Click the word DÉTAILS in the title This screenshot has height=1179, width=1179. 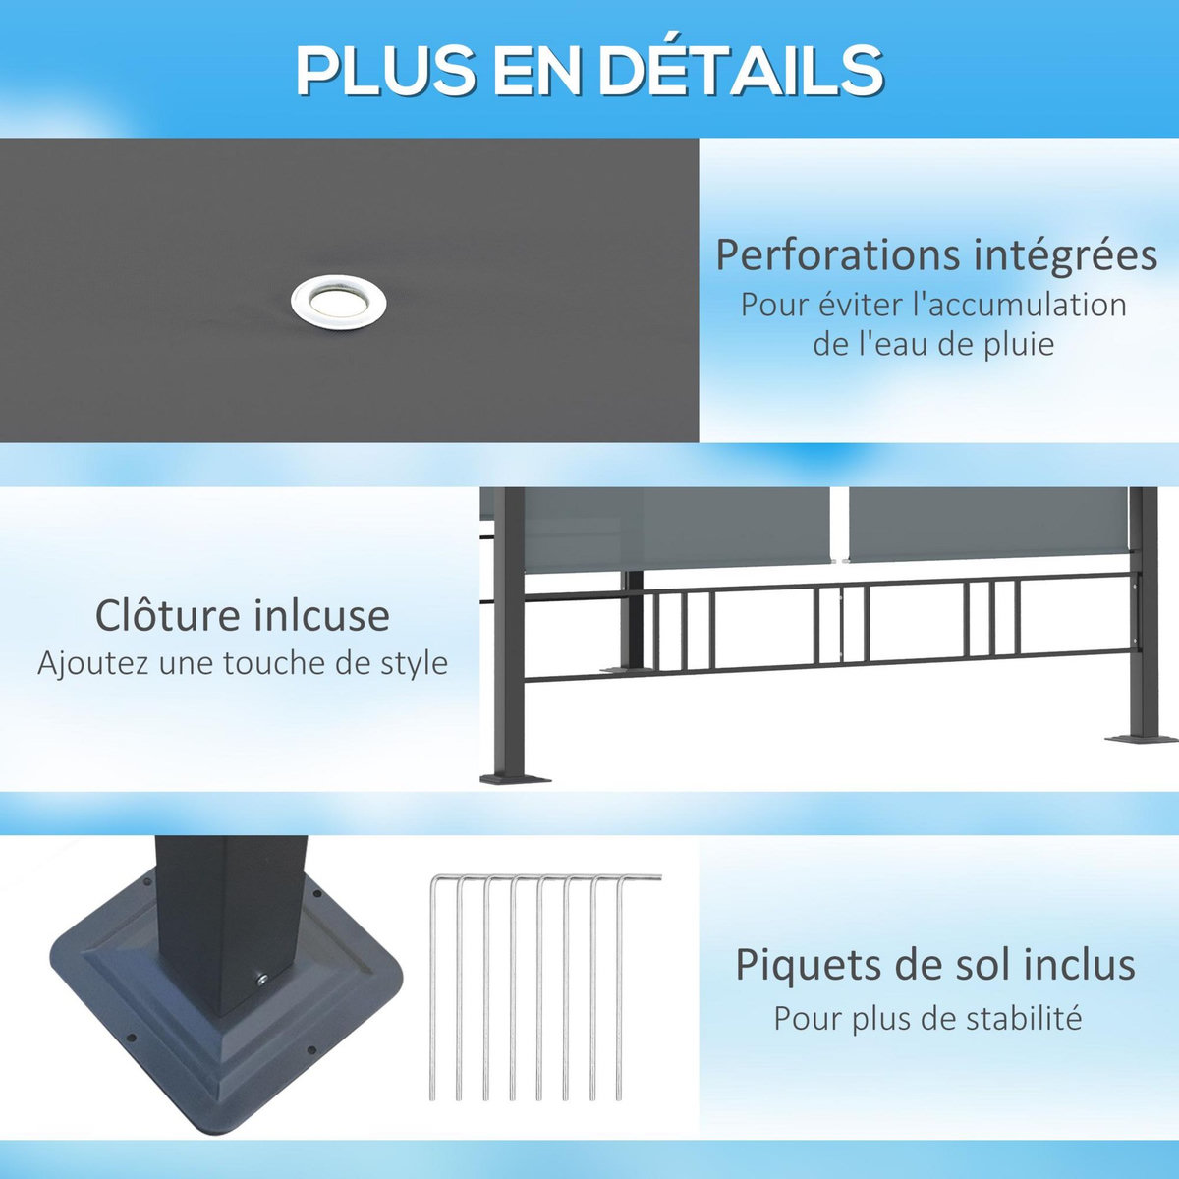click(742, 71)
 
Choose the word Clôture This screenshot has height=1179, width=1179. click(166, 616)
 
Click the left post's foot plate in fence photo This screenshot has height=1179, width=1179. click(514, 779)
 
